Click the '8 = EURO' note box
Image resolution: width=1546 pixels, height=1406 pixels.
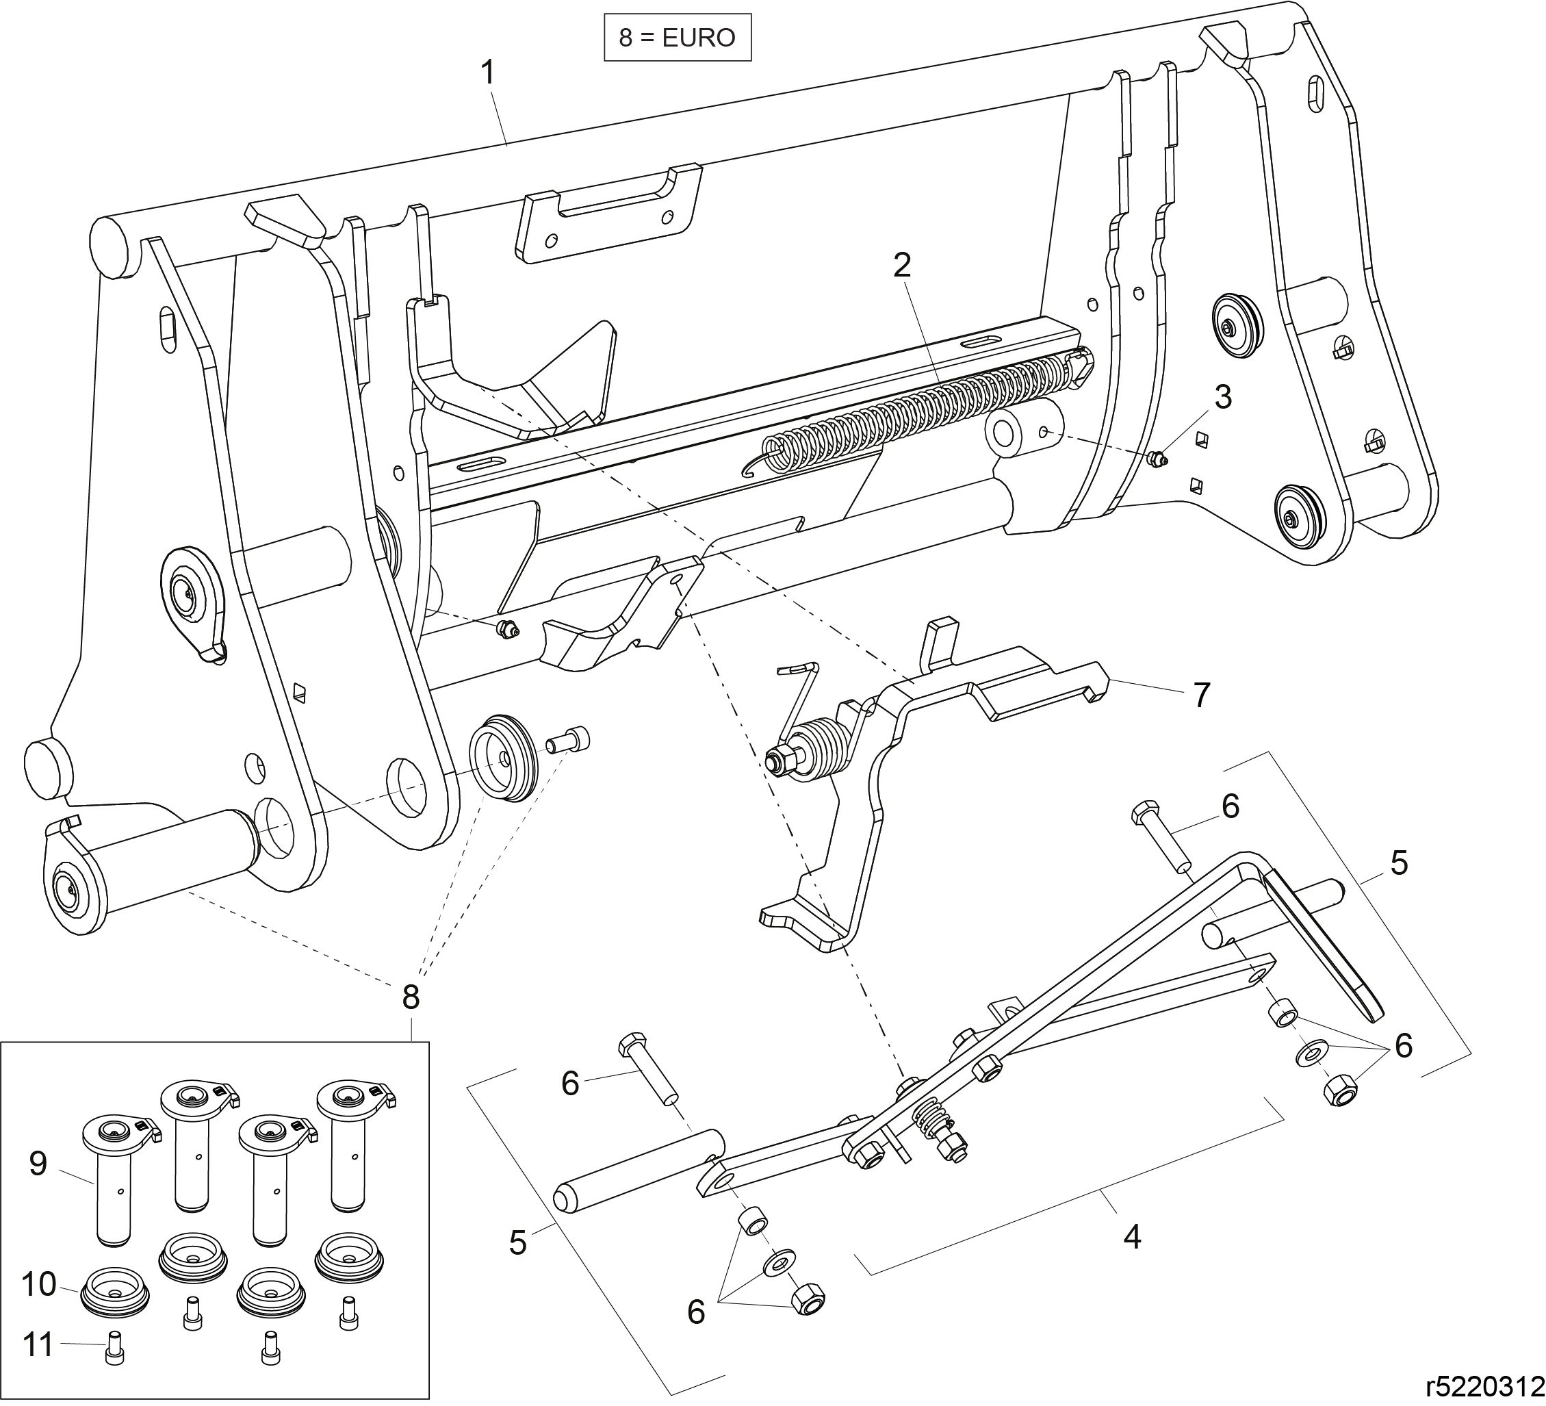coord(677,37)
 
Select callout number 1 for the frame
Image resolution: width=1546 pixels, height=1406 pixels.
coord(488,74)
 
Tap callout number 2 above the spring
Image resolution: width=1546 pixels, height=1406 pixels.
coord(902,266)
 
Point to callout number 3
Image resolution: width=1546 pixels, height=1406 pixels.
coord(1222,397)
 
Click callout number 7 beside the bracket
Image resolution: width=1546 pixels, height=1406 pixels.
coord(1202,695)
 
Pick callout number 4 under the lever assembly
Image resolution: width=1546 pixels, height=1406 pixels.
coord(1132,1236)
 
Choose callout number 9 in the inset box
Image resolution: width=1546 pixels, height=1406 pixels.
coord(38,1164)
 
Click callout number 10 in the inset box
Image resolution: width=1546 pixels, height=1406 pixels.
coord(39,1283)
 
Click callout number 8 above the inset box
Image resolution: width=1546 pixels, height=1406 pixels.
coord(411,997)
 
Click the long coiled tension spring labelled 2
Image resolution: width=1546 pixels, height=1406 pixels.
coord(920,407)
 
